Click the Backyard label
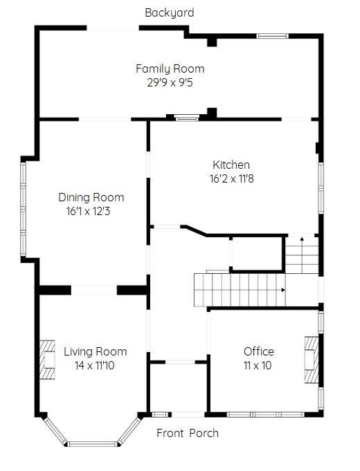pos(170,13)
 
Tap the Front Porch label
pos(188,433)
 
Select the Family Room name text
pos(170,68)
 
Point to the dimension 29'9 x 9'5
pos(170,82)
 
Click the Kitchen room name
pos(231,165)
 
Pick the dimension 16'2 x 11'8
pos(232,178)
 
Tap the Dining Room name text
pos(91,197)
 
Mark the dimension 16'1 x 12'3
pos(89,211)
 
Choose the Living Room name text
pos(96,352)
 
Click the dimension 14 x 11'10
pos(94,366)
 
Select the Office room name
pos(259,351)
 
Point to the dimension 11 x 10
pos(258,365)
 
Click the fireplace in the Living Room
pos(48,360)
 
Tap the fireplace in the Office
pos(312,360)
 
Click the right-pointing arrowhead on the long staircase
pos(283,290)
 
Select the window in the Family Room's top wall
pos(273,36)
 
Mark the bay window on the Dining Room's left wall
pos(23,209)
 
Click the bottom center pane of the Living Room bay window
pos(91,444)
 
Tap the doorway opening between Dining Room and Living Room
pos(94,290)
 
